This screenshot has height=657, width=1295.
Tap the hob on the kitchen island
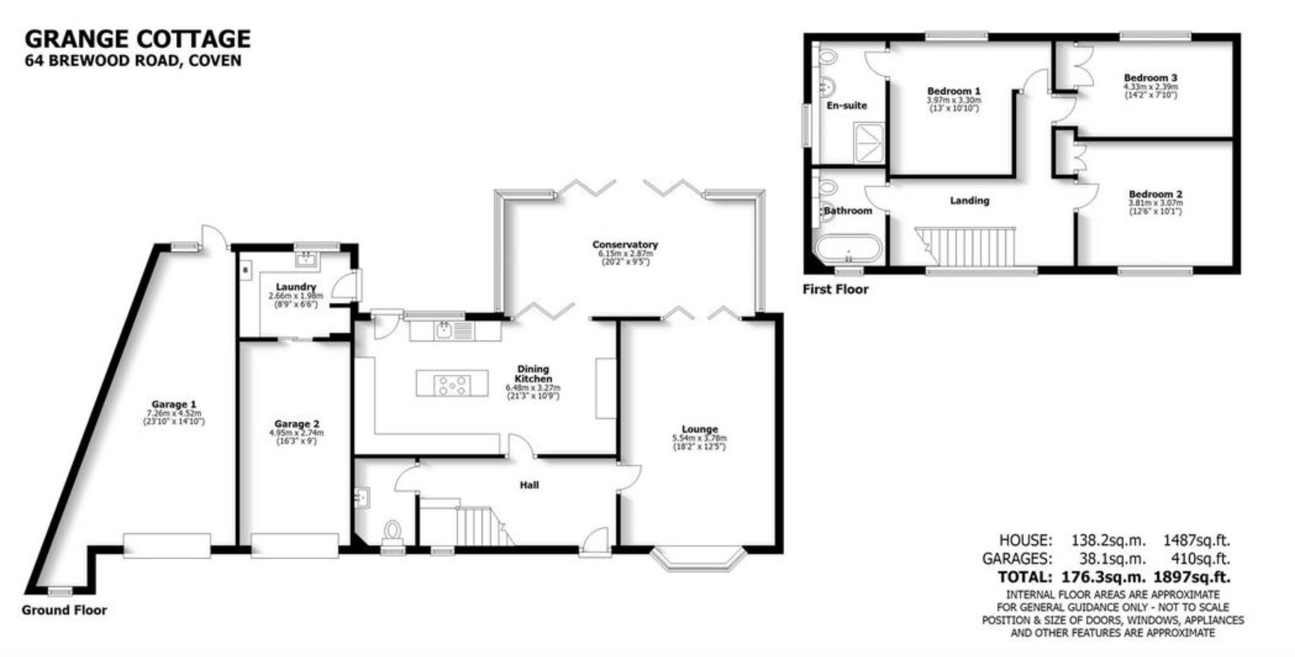pyautogui.click(x=452, y=386)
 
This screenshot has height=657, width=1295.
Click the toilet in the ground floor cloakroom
pyautogui.click(x=392, y=533)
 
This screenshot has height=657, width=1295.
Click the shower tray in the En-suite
pyautogui.click(x=868, y=143)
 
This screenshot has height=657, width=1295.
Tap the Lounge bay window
pyautogui.click(x=698, y=559)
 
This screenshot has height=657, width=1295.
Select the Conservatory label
pyautogui.click(x=625, y=245)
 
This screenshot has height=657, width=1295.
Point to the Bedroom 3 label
pyautogui.click(x=1150, y=78)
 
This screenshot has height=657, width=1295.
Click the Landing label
pyautogui.click(x=969, y=200)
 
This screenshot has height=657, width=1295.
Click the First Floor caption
pyautogui.click(x=836, y=289)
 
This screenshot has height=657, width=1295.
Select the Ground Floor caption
pyautogui.click(x=65, y=610)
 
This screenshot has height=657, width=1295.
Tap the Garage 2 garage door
pyautogui.click(x=295, y=546)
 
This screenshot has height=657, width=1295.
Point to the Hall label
pyautogui.click(x=529, y=485)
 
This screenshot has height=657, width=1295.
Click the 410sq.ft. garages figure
pyautogui.click(x=1196, y=558)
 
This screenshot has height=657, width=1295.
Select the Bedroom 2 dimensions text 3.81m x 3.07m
pyautogui.click(x=1155, y=203)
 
